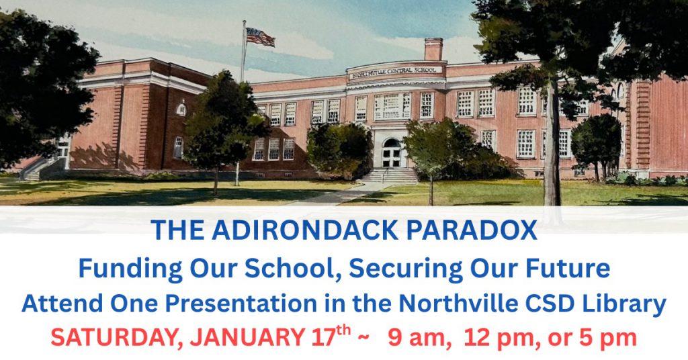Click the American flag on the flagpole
point(260,36)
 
